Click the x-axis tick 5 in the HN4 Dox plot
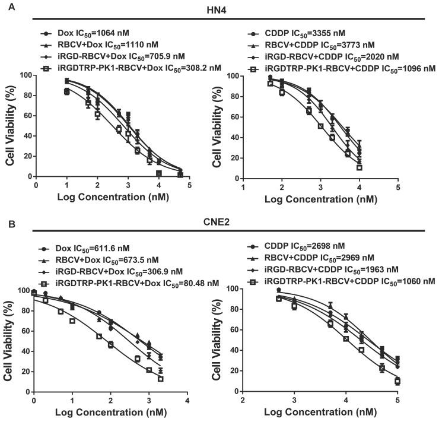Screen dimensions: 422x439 click(189, 185)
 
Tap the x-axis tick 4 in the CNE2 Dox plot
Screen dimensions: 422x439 click(187, 401)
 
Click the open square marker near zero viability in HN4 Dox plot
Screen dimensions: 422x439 click(158, 173)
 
